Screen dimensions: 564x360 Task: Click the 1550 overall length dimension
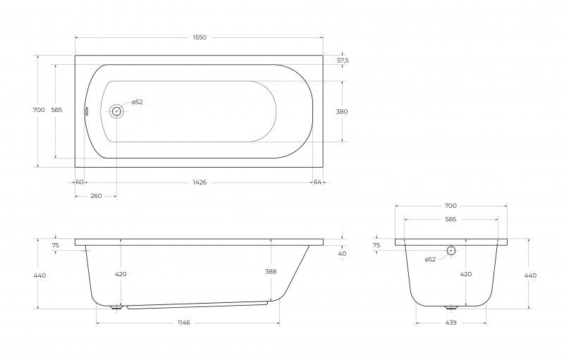200,37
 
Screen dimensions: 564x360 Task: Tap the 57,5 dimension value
343,61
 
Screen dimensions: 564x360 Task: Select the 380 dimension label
342,111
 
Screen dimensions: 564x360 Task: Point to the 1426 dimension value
200,182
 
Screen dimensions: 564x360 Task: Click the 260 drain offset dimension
96,196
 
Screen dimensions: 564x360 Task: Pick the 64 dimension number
317,182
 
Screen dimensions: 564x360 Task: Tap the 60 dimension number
80,182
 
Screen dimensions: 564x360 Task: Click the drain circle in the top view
116,111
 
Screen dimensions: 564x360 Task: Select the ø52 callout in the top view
137,102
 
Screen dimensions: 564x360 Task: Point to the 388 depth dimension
271,272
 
